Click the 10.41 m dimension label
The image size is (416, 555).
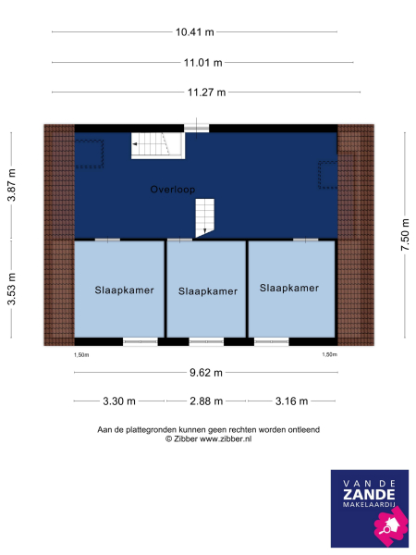pyautogui.click(x=194, y=32)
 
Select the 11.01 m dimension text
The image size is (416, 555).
pyautogui.click(x=194, y=63)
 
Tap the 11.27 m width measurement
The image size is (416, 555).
pyautogui.click(x=194, y=92)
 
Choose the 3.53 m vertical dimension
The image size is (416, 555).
pyautogui.click(x=12, y=290)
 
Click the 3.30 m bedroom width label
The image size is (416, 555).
pyautogui.click(x=118, y=401)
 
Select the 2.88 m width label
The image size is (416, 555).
pyautogui.click(x=205, y=401)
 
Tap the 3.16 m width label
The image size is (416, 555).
pyautogui.click(x=289, y=401)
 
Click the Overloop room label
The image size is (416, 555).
pyautogui.click(x=172, y=189)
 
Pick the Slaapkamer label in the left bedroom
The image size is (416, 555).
pyautogui.click(x=124, y=290)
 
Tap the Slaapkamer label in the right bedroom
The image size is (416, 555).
pyautogui.click(x=289, y=289)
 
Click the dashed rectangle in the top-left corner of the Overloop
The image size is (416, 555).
pyautogui.click(x=89, y=154)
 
